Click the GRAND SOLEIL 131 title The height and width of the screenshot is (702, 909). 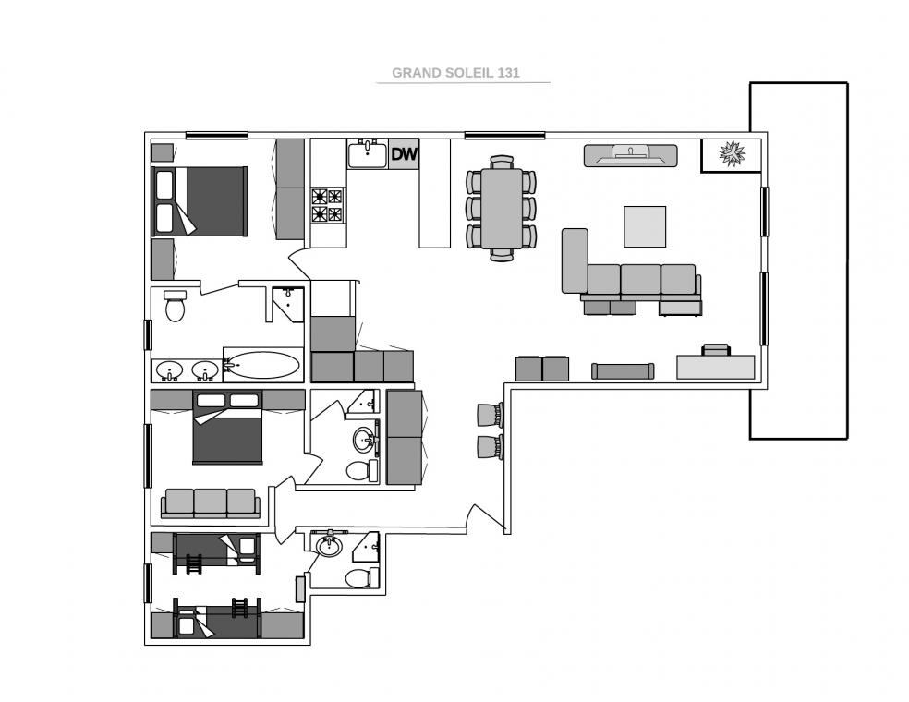[455, 72]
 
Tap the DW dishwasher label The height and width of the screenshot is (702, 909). [404, 154]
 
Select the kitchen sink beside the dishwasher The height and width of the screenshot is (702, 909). [367, 153]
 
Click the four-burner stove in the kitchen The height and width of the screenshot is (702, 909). [328, 205]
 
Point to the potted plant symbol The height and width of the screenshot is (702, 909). [732, 153]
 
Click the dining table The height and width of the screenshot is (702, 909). [502, 208]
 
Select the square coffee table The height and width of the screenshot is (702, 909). [645, 226]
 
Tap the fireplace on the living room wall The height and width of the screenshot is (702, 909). [630, 155]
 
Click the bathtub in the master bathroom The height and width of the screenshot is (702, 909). [263, 365]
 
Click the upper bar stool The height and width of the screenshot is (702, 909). [490, 415]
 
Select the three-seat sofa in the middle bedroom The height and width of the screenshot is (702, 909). [210, 503]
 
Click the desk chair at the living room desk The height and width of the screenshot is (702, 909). [715, 349]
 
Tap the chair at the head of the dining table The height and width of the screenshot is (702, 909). [502, 162]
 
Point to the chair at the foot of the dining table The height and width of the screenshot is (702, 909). [502, 255]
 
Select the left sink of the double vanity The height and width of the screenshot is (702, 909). [170, 370]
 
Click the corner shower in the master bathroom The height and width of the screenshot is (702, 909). [288, 304]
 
